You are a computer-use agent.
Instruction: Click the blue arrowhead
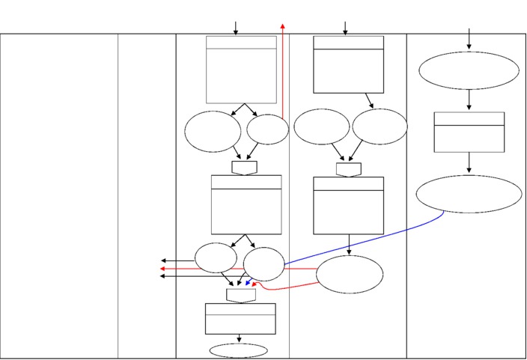pos(248,284)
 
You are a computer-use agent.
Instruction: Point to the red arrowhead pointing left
pos(163,268)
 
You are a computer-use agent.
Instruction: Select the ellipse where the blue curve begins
pos(469,194)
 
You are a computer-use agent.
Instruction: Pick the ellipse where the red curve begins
pos(350,275)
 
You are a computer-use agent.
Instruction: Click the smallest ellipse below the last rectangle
pos(239,350)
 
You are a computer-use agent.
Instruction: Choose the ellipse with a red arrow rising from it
pos(267,129)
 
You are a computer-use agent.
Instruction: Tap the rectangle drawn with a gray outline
pos(241,70)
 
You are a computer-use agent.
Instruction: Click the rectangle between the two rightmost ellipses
pos(469,132)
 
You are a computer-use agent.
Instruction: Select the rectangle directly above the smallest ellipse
pos(240,318)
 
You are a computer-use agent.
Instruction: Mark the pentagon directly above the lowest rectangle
pos(241,295)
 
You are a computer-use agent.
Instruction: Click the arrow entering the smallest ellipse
pos(239,338)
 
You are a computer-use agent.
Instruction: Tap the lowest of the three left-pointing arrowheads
pos(163,276)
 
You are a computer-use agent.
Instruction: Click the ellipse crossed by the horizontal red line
pos(264,265)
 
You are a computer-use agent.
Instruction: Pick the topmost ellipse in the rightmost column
pos(469,70)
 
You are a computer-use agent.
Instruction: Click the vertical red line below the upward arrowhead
pos(283,75)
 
